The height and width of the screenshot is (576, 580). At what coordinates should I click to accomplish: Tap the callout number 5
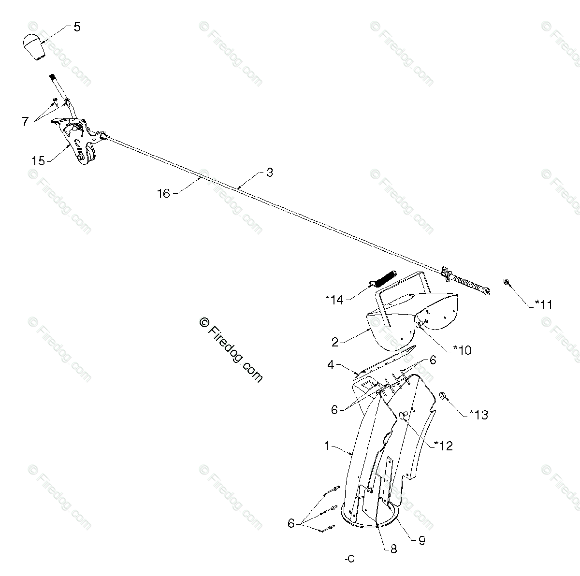(77, 27)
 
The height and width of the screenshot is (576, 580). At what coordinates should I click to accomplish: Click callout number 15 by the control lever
(38, 160)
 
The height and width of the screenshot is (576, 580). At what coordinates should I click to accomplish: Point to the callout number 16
(163, 193)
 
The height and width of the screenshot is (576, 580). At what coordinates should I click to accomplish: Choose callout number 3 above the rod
(269, 173)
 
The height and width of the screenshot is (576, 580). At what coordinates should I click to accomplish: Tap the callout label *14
(334, 300)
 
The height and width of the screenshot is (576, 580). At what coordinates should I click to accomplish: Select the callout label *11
(543, 304)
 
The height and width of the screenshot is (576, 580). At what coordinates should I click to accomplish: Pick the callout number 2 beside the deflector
(335, 343)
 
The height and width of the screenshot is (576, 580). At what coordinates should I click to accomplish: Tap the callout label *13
(478, 414)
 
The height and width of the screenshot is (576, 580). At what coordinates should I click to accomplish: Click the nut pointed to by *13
(441, 397)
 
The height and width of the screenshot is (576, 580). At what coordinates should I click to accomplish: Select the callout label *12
(443, 446)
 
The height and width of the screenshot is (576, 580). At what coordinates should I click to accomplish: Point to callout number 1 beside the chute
(327, 446)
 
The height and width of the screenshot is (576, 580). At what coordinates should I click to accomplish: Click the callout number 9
(421, 541)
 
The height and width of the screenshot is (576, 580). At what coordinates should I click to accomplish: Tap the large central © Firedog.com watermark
(231, 350)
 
